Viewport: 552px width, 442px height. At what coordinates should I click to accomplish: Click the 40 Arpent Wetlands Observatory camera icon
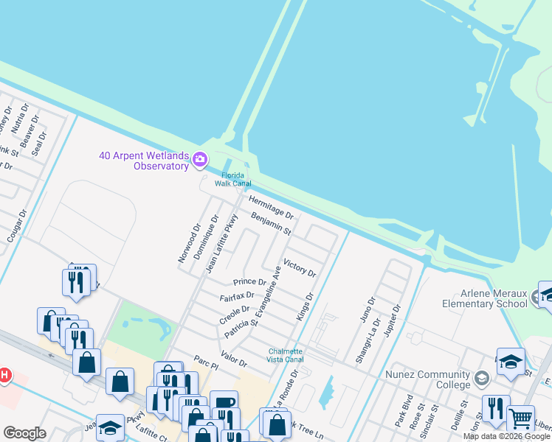pyautogui.click(x=199, y=160)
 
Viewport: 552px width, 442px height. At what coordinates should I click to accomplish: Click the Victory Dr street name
pyautogui.click(x=300, y=267)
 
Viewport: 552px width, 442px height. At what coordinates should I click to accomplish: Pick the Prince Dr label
pyautogui.click(x=249, y=282)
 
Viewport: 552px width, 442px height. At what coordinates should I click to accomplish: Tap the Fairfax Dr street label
pyautogui.click(x=237, y=297)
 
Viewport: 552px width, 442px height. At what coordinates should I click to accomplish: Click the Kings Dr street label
pyautogui.click(x=306, y=306)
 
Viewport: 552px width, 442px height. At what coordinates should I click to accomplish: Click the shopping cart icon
pyautogui.click(x=521, y=418)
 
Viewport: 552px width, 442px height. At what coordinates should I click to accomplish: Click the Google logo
pyautogui.click(x=24, y=433)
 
